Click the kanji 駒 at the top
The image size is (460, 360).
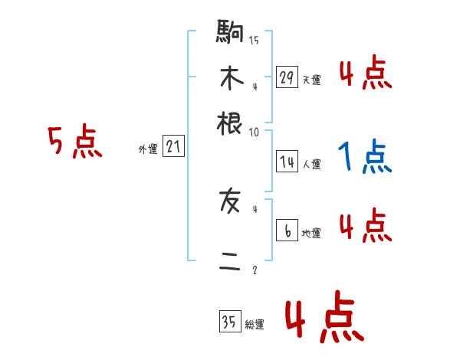click(229, 34)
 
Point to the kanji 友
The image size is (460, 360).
click(230, 202)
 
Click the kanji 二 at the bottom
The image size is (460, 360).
click(230, 262)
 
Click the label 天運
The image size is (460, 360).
click(311, 80)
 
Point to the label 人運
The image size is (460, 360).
click(311, 164)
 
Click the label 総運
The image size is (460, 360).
click(254, 325)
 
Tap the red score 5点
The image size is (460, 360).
click(74, 143)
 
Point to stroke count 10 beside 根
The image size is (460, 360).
click(254, 132)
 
